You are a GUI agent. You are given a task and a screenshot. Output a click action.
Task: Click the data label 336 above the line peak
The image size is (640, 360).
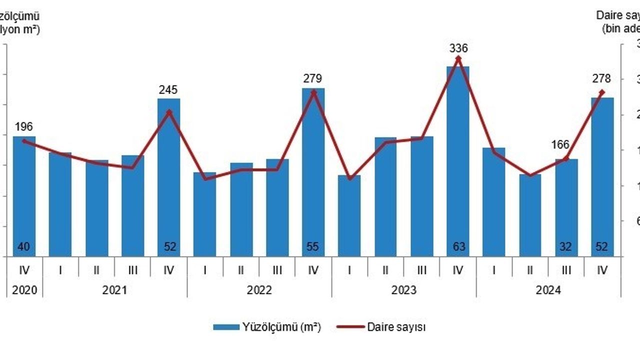coord(458,48)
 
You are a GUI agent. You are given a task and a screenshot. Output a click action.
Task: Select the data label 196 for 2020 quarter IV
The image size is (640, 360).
coord(24,127)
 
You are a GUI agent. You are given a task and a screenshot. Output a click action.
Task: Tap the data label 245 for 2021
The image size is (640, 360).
coord(168,90)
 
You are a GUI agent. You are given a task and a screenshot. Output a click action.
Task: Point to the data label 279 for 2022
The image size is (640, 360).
coord(313,78)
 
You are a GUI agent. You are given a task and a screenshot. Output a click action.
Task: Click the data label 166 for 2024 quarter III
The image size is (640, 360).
coord(560,145)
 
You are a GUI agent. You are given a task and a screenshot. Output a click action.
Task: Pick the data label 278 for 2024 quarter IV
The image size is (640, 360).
coord(602,79)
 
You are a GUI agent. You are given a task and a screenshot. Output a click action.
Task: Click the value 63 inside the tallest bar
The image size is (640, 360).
coord(458,246)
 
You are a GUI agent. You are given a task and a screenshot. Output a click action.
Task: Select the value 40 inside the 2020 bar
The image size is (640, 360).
coord(24,246)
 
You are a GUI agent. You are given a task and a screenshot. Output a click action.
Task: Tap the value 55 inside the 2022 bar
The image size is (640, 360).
coord(313,246)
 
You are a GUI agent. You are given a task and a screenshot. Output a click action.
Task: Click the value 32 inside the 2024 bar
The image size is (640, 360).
coord(566,246)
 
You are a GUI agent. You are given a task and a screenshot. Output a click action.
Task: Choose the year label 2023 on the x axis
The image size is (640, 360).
coord(403,290)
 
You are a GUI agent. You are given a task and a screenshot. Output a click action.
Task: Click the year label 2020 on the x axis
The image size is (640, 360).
coord(24,290)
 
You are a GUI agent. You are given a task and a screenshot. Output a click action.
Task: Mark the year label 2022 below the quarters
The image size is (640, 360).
coord(259,290)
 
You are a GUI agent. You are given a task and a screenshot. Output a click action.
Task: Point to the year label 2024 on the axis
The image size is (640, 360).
coord(548,290)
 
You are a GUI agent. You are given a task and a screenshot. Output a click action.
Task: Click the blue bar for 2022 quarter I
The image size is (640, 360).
coord(204,215)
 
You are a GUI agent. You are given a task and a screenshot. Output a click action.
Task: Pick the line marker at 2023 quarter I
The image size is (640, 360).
coord(349,178)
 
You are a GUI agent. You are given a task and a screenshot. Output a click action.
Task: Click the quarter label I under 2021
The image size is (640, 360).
coord(60,270)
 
